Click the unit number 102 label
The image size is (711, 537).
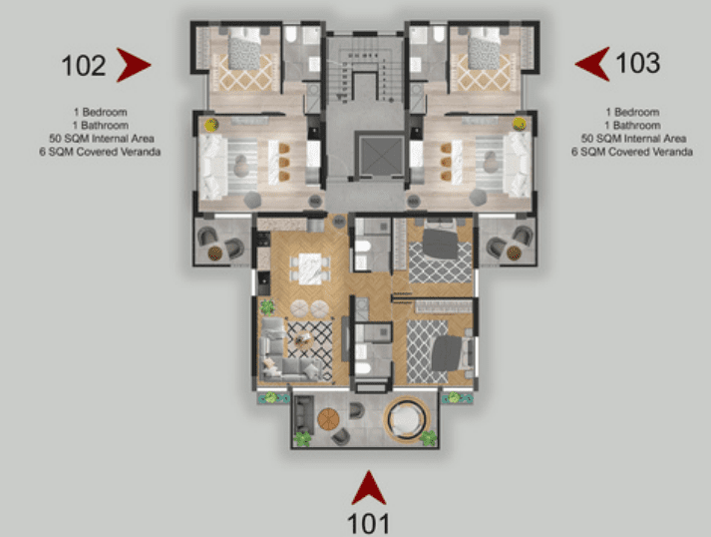(84, 65)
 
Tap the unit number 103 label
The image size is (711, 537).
(637, 63)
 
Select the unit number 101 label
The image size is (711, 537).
(368, 524)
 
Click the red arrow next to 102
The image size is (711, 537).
(132, 65)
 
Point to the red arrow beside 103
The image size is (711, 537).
(593, 64)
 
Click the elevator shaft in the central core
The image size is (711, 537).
(380, 156)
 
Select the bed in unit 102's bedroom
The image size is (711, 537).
(244, 48)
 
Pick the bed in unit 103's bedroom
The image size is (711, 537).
(485, 48)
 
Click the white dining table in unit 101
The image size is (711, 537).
(310, 268)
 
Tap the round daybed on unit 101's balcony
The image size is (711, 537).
(406, 419)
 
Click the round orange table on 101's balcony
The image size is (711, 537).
(328, 419)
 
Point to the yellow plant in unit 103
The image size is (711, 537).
(520, 124)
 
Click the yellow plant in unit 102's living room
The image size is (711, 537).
(211, 125)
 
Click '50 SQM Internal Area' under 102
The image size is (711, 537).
(102, 139)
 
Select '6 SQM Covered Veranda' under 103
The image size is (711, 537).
(631, 152)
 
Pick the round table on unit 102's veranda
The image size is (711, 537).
(215, 253)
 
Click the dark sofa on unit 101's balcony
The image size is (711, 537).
(303, 415)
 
